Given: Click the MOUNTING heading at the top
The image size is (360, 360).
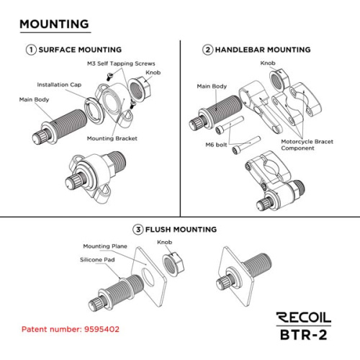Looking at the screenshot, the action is point(54,24).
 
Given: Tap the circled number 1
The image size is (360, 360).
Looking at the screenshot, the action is point(31,50).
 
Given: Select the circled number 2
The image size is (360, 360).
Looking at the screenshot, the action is point(207,50).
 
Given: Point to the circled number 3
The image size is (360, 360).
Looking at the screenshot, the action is point(138,230).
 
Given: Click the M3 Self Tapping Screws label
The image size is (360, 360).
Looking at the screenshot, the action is point(121,63).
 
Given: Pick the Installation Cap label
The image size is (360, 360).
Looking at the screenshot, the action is point(59,85).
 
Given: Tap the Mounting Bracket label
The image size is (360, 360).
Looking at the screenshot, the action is point(112,138).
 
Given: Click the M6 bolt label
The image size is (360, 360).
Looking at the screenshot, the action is point(216,145).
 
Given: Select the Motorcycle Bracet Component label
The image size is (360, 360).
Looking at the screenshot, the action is point(307,145).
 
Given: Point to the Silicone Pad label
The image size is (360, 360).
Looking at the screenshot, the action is point(97,260).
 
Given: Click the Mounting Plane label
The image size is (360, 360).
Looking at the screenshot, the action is point(105,246).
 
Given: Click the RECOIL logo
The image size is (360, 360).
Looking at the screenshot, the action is point(304,318).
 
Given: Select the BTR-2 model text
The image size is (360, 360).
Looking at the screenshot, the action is point(304,335).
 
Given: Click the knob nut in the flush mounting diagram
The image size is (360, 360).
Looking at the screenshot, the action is point(174,264).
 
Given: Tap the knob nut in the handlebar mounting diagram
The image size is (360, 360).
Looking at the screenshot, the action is point(279,79).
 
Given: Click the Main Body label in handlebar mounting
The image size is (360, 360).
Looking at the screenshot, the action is point(212,86).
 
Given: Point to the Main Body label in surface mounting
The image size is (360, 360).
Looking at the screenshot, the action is point(34,99).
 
